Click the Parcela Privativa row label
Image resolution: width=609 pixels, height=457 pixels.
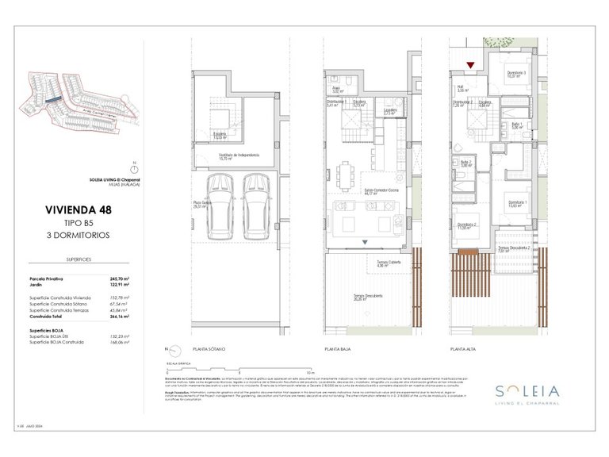pyautogui.click(x=46, y=279)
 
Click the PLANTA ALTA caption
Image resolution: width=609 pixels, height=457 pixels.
pyautogui.click(x=463, y=349)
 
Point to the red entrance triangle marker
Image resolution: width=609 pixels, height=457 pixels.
pyautogui.click(x=470, y=66)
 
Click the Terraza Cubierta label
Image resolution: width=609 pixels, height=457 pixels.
pyautogui.click(x=377, y=264)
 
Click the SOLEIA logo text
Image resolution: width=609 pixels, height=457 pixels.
pyautogui.click(x=519, y=390)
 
